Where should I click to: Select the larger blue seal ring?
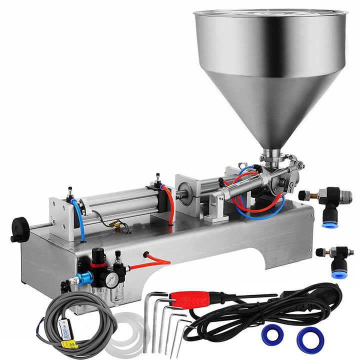tap(310, 340)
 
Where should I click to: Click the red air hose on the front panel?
tap(155, 260)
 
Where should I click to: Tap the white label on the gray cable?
tap(63, 328)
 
